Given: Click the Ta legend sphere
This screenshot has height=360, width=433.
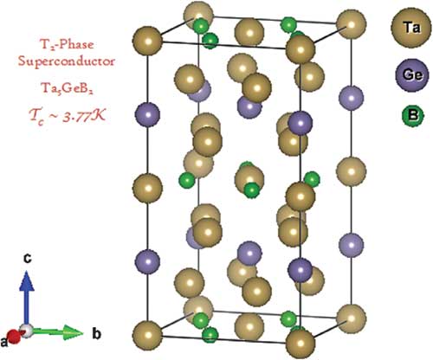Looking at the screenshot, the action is (410, 29).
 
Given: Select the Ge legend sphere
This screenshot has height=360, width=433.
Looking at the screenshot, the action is (412, 75).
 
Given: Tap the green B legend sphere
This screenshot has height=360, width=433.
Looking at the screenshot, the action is (412, 116).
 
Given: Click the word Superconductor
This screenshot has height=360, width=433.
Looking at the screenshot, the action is (67, 61).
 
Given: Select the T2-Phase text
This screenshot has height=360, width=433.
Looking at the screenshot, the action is (66, 45).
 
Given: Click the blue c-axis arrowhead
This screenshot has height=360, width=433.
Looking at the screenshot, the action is (27, 280).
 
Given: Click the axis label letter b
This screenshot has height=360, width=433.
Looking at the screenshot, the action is (96, 334).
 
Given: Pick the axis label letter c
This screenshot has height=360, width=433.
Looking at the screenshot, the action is (27, 259).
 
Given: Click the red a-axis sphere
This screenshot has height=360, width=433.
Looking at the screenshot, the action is (14, 337).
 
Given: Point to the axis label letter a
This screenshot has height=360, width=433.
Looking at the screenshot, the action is (3, 343).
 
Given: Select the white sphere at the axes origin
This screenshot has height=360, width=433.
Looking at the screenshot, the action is (26, 331).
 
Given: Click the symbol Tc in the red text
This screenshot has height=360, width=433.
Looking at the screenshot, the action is (36, 116).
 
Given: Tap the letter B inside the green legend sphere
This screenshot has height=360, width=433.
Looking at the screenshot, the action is (413, 116).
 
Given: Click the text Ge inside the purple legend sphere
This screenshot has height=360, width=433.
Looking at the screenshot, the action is (413, 75).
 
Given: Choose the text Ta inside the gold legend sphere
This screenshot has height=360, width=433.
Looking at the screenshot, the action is (411, 28).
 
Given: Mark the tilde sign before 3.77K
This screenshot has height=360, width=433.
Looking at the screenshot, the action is (55, 116).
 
